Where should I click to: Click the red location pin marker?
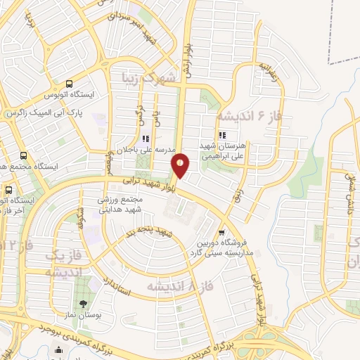[x=181, y=165]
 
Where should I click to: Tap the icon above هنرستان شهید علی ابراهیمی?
[x=223, y=135]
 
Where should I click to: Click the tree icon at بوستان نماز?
[x=84, y=304]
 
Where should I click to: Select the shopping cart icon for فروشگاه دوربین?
[x=222, y=233]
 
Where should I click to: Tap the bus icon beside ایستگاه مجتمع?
[x=24, y=156]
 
